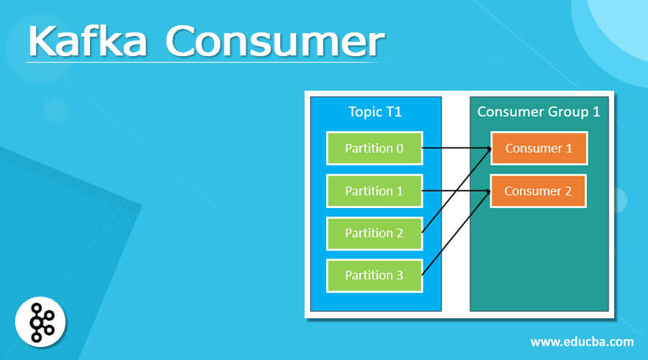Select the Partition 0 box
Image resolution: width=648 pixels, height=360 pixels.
[374, 148]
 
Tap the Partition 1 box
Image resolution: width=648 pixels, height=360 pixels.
[374, 191]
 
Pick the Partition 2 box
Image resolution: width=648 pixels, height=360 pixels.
[374, 233]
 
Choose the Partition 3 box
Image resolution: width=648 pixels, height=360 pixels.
[374, 275]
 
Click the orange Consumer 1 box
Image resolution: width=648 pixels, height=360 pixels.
[539, 148]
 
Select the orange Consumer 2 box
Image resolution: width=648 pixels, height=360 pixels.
[539, 191]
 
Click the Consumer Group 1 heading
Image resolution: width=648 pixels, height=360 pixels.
[539, 112]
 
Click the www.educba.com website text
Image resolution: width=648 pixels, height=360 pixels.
[582, 341]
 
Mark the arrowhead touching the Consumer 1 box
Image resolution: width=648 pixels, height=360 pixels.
[489, 149]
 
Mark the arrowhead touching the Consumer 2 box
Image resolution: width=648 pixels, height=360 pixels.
[489, 192]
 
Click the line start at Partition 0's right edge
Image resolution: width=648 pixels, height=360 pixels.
[423, 148]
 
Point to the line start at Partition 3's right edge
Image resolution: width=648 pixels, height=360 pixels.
[423, 274]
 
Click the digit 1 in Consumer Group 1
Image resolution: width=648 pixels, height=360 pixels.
[595, 112]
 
